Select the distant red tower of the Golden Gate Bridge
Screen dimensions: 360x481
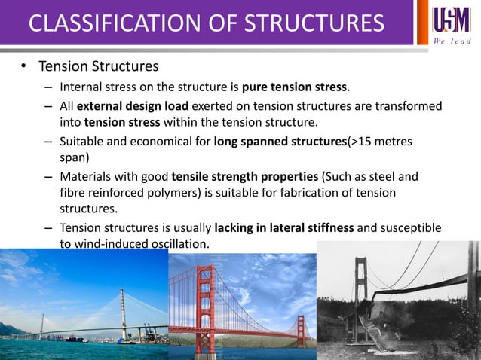[301, 329]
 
